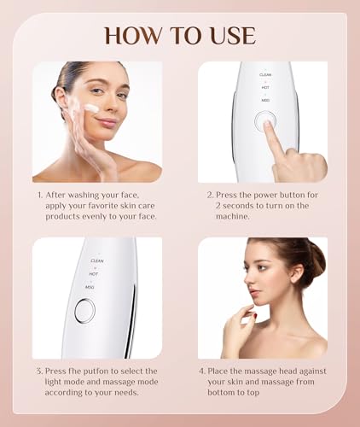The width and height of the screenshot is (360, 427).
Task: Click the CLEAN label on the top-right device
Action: (265, 75)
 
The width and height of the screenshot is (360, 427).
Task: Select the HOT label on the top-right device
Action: (265, 88)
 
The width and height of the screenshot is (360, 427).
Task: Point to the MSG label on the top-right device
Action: (265, 101)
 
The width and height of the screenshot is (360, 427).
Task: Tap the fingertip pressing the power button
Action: (269, 126)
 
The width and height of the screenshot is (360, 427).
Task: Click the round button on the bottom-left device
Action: (84, 311)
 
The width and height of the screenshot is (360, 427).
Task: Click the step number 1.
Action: (39, 195)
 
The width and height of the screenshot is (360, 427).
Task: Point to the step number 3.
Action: (39, 372)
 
